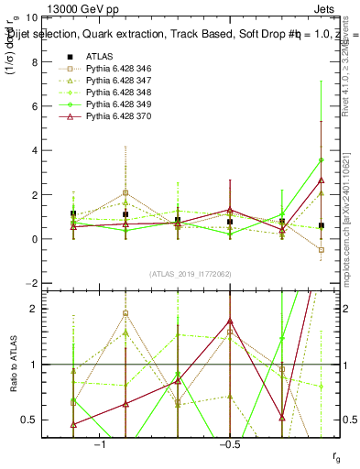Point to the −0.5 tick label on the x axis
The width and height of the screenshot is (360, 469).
229,443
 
